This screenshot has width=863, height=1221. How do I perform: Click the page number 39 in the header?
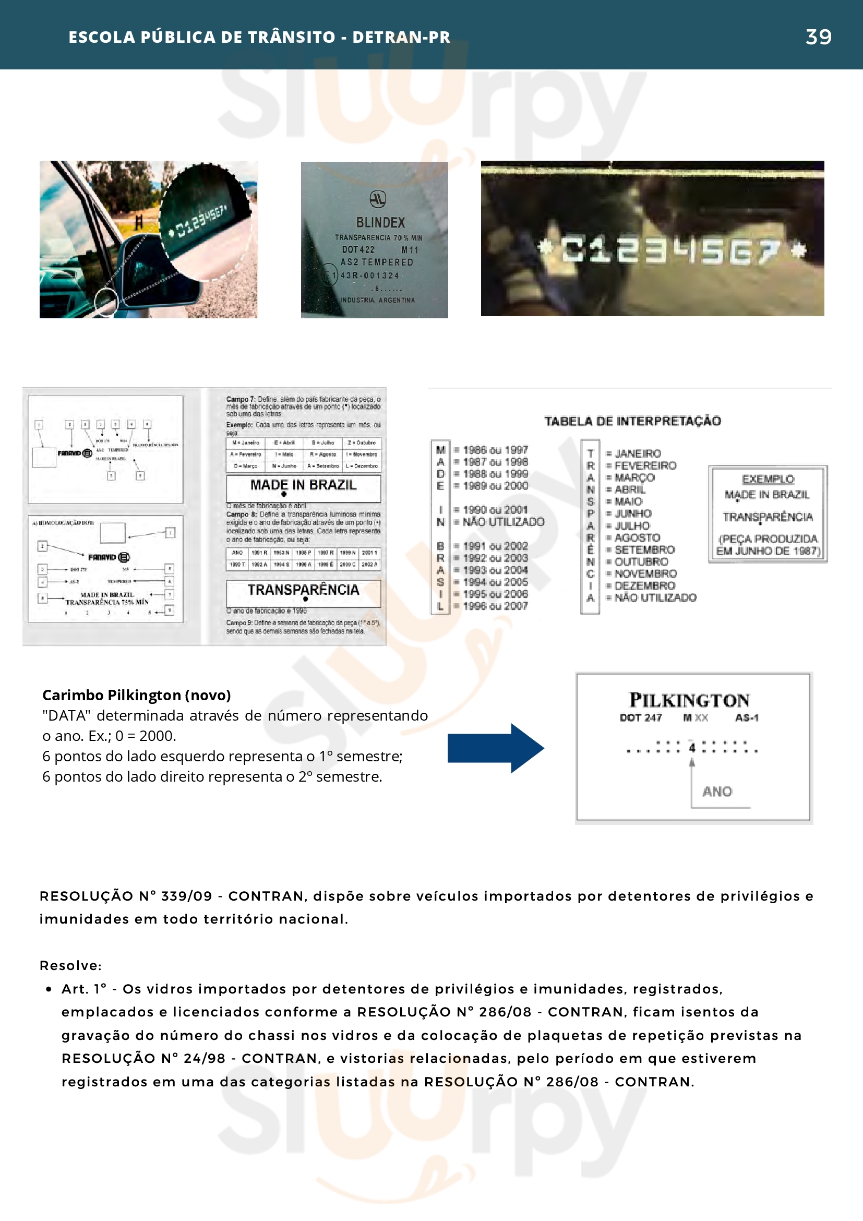click(x=818, y=37)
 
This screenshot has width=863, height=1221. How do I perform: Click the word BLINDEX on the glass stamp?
click(x=380, y=222)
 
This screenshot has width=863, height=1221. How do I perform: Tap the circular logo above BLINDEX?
click(x=378, y=199)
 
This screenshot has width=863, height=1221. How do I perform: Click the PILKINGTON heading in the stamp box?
click(x=689, y=700)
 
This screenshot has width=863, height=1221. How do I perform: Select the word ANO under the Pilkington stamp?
click(x=717, y=792)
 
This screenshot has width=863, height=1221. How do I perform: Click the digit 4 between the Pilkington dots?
click(x=692, y=748)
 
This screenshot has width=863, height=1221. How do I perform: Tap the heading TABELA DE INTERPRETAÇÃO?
click(x=632, y=421)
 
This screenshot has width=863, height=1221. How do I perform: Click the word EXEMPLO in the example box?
click(x=768, y=479)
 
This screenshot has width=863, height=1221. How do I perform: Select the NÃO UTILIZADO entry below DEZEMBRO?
click(x=655, y=598)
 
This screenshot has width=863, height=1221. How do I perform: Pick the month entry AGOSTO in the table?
click(x=637, y=537)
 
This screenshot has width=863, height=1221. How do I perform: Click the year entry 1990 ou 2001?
click(x=495, y=509)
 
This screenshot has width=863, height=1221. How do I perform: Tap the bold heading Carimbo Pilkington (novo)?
click(x=137, y=695)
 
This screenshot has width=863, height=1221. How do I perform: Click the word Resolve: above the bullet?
click(x=71, y=965)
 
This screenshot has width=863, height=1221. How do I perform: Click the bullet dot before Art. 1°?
click(x=49, y=989)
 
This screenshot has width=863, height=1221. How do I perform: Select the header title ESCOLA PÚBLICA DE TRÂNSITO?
click(x=202, y=37)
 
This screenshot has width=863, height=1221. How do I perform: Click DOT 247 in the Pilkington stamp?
click(x=641, y=717)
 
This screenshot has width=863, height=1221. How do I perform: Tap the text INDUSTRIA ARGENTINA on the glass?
click(x=378, y=300)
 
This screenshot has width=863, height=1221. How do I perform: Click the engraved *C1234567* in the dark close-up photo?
click(x=672, y=250)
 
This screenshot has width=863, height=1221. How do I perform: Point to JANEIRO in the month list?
click(x=638, y=453)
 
